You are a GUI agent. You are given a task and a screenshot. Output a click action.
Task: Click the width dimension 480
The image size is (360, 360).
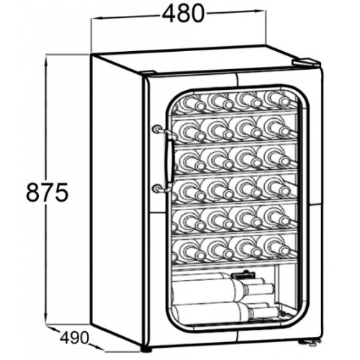click(183, 13)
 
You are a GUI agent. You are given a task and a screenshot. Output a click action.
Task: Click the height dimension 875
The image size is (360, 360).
click(47, 192)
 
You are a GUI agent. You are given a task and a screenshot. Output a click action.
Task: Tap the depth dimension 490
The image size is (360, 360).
click(74, 338)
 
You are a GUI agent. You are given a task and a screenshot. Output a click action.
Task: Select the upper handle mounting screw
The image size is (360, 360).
click(156, 129)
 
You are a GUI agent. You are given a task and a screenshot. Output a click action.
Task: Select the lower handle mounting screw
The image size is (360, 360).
click(156, 189)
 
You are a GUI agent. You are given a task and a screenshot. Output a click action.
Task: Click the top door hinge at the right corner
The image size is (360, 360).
click(307, 63)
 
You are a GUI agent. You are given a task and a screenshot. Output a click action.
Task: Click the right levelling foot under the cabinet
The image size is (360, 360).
click(312, 343)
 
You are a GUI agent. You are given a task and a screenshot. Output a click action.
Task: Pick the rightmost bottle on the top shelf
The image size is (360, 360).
click(279, 99)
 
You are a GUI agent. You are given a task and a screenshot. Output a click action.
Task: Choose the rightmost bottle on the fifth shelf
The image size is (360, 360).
click(279, 217)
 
